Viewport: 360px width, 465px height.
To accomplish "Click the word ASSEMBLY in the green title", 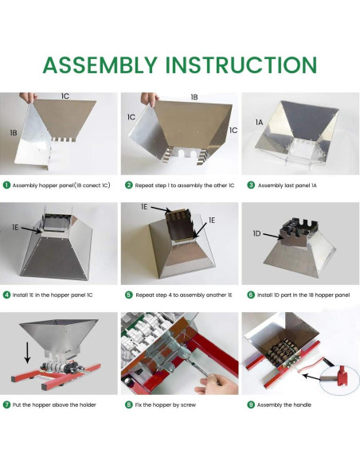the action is coord(100,64).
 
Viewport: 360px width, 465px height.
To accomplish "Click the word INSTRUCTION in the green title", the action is coord(241,64).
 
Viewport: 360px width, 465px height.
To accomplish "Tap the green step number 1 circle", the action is coord(6,185).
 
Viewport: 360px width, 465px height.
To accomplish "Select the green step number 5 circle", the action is coord(129,295).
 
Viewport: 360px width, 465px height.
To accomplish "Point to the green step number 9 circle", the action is coord(251,404).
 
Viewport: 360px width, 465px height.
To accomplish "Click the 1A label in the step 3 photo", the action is coord(259,122).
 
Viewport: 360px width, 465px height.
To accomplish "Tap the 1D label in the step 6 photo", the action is coord(256,233).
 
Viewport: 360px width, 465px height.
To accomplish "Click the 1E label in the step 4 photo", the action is coord(15,227).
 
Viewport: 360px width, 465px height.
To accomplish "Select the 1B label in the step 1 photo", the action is coord(14,133).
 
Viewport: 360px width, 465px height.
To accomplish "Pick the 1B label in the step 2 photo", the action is coord(194,97).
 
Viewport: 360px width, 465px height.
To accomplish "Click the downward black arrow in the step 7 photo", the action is coord(27,353).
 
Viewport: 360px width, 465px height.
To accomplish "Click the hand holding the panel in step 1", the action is coord(28,97).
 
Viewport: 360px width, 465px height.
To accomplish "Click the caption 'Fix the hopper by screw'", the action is coord(166,404).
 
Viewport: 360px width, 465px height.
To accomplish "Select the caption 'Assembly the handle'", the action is coord(284,404).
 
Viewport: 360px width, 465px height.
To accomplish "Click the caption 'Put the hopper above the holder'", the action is coord(54,404).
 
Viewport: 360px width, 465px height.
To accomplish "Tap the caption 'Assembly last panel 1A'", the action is coord(288,186).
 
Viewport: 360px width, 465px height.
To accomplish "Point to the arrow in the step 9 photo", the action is coord(311,377).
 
